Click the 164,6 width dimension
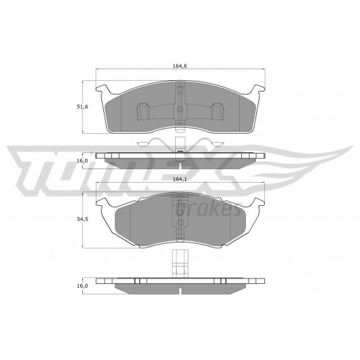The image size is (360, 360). pos(180,66)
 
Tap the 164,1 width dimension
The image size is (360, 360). pos(180,179)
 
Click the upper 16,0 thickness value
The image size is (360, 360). pos(83,161)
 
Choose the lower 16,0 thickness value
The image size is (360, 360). pos(83,286)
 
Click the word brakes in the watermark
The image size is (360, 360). pos(208,209)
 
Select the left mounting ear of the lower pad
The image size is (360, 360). pos(103,202)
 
